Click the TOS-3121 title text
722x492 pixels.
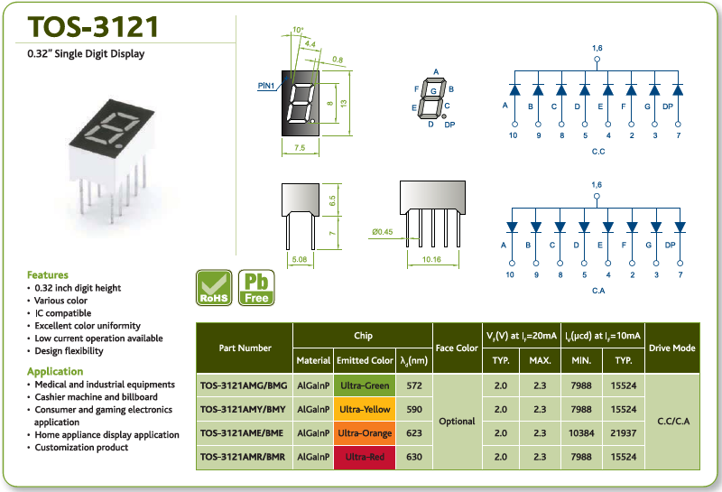click(93, 26)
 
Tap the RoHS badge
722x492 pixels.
click(214, 288)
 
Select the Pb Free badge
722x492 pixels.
click(256, 288)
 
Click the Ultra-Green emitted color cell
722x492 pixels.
click(365, 385)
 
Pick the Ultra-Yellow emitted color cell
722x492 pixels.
click(365, 409)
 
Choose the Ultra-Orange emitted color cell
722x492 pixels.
click(365, 433)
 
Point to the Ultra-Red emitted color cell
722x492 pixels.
click(365, 457)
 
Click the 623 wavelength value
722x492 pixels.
click(414, 433)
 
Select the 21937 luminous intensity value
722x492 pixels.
click(624, 433)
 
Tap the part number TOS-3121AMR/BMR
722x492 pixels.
click(243, 457)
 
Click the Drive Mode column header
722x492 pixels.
click(671, 348)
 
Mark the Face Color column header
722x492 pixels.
click(457, 348)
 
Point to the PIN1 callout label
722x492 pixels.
click(266, 86)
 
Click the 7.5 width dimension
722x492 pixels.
click(300, 148)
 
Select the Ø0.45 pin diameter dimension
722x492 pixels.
click(383, 232)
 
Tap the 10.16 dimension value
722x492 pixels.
click(432, 259)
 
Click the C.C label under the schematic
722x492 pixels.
click(598, 152)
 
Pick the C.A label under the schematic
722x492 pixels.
click(598, 291)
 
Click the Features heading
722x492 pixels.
click(48, 275)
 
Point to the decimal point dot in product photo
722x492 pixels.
click(119, 146)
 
